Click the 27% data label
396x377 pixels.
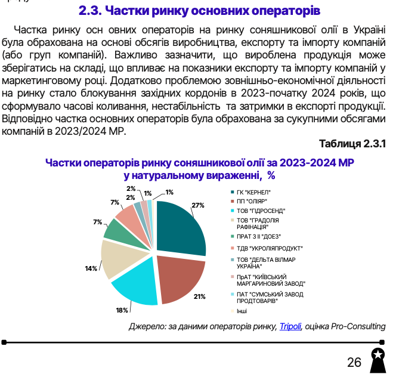pyautogui.click(x=198, y=205)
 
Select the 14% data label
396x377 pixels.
pyautogui.click(x=91, y=268)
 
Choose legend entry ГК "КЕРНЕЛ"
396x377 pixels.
pyautogui.click(x=253, y=191)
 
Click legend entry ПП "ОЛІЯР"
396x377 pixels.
pyautogui.click(x=252, y=201)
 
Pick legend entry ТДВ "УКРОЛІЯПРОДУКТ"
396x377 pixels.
pyautogui.click(x=266, y=248)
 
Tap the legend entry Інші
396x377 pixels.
pyautogui.click(x=242, y=310)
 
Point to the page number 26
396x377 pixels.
pyautogui.click(x=354, y=362)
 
